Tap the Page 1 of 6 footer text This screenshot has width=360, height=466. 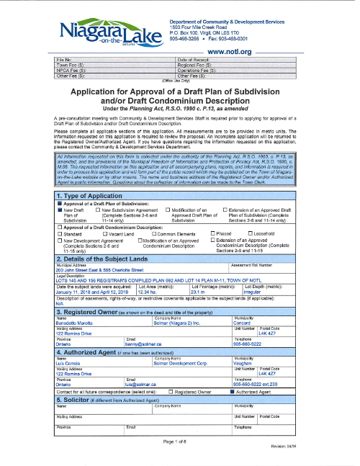click(179, 442)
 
